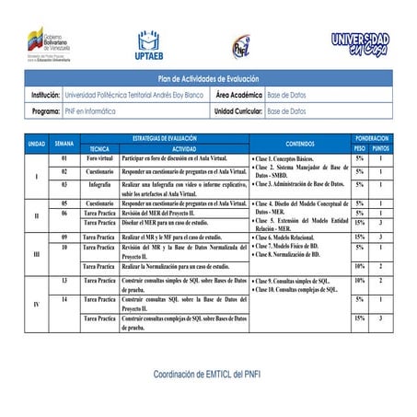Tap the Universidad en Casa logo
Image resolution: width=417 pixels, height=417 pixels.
[360, 44]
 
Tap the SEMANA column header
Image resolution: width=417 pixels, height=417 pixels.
[64, 144]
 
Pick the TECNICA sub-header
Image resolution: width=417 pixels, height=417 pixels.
[100, 148]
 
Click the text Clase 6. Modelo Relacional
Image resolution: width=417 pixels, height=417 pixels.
[286, 237]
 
